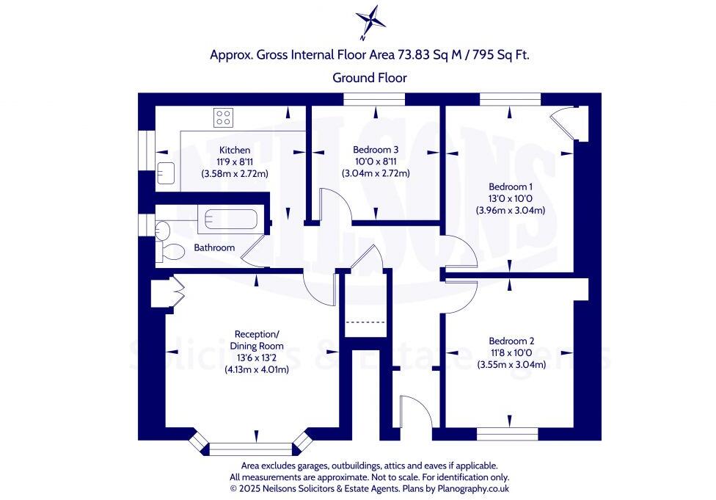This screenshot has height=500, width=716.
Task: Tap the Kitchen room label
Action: point(233,151)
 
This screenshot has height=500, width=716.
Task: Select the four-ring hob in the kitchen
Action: point(223,117)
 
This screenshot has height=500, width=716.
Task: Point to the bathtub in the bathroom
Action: point(230,218)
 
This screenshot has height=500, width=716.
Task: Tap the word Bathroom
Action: point(214,248)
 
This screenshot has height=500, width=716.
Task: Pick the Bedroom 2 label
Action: point(511,341)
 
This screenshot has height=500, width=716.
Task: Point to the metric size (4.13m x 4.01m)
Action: point(256,370)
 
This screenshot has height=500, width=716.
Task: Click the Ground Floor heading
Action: point(369,77)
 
